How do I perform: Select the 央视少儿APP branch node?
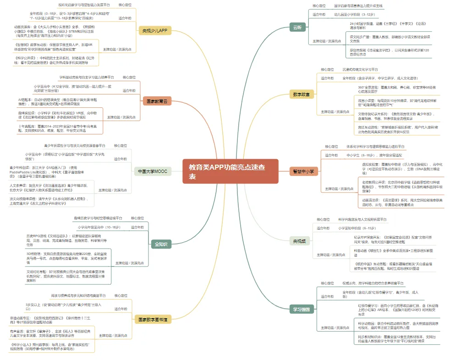[155, 30]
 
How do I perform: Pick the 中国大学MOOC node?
[153, 172]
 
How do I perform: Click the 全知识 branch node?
[160, 244]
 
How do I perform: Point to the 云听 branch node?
[297, 28]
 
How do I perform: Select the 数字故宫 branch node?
[301, 94]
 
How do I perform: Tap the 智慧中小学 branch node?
[303, 172]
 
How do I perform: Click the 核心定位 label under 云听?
[319, 6]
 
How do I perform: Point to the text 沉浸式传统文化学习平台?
[360, 69]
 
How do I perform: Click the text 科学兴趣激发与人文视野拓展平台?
[362, 220]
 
